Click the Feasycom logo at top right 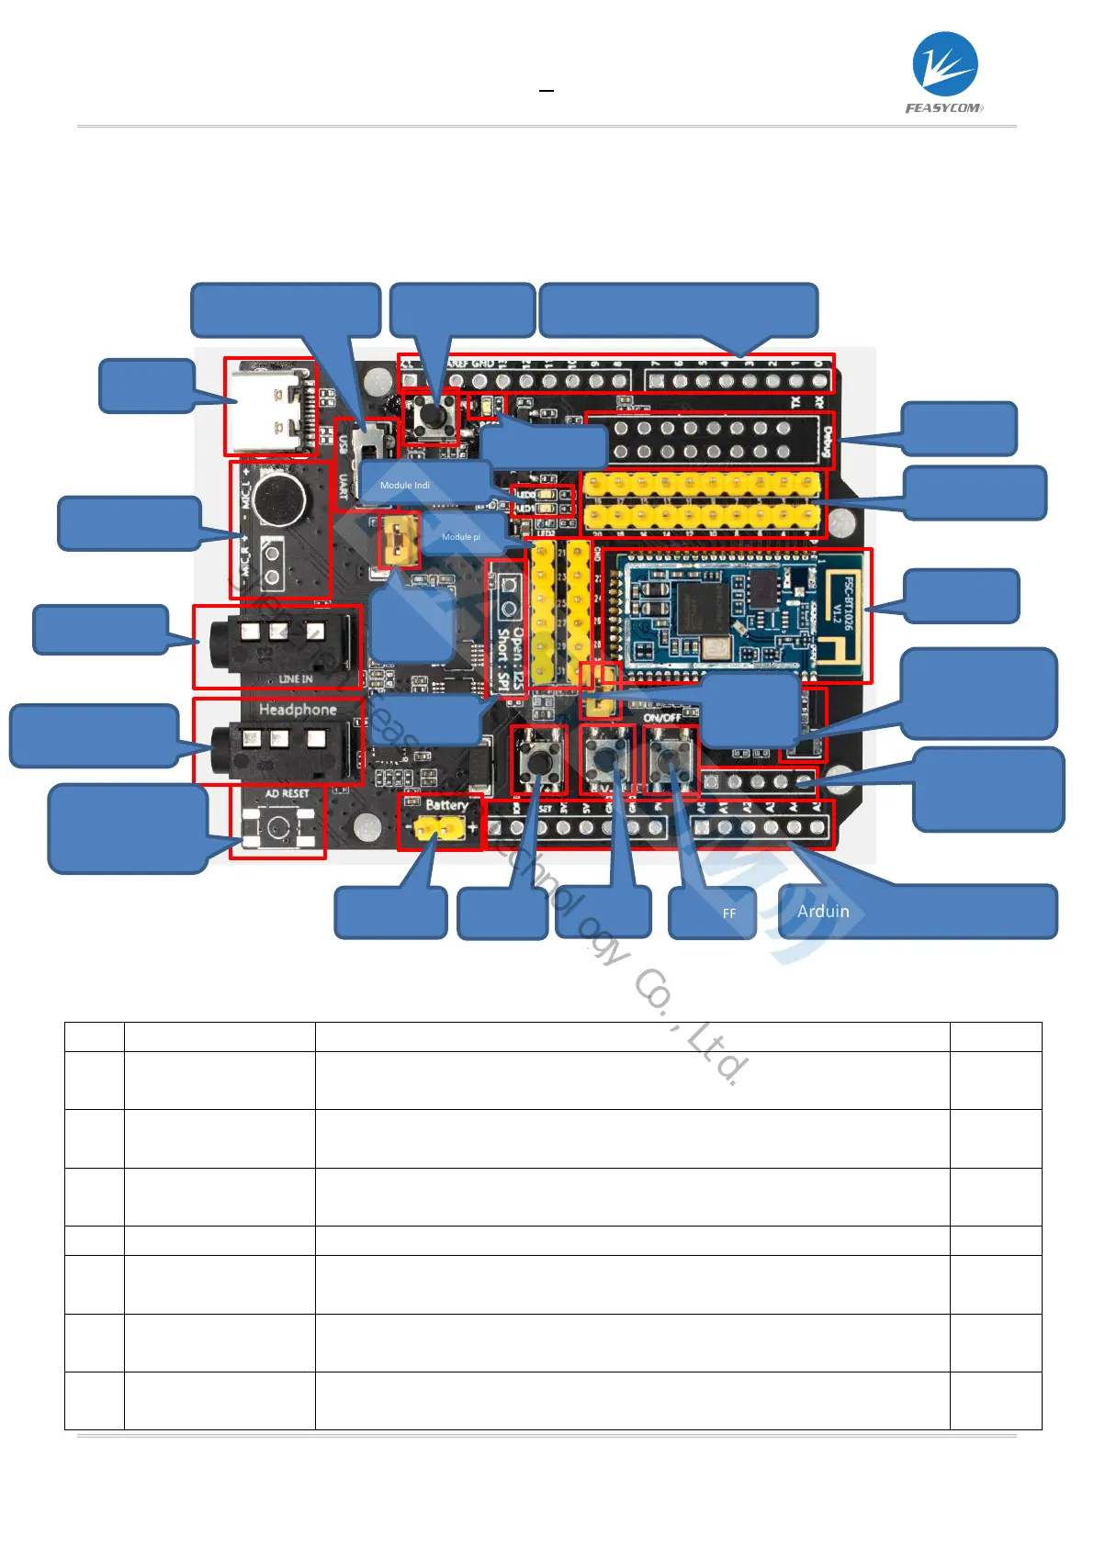(x=944, y=73)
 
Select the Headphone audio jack (x=276, y=740)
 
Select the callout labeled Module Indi (x=424, y=484)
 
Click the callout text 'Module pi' (x=462, y=537)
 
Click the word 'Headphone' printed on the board (x=298, y=710)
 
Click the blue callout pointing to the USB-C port (x=147, y=386)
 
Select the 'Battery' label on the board (x=446, y=805)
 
